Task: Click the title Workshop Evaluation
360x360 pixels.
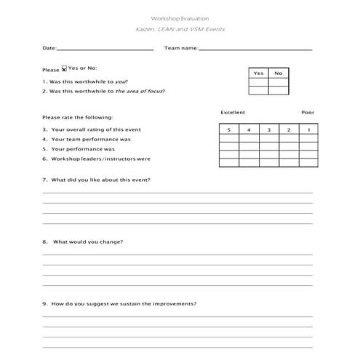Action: [x=180, y=17]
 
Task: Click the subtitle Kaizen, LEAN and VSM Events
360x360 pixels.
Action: [x=180, y=29]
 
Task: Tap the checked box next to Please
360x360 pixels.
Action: [x=64, y=69]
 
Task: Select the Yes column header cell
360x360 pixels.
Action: [x=258, y=73]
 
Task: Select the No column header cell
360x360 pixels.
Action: [x=278, y=73]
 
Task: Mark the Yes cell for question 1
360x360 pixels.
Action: [x=258, y=81]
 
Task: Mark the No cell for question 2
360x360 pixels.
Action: [x=278, y=91]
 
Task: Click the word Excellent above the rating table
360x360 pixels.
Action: [x=233, y=113]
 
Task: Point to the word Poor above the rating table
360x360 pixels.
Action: [x=308, y=113]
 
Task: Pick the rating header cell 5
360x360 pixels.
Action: [x=228, y=129]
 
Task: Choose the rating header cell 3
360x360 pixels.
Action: [x=268, y=129]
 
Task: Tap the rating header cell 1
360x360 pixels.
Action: [x=308, y=129]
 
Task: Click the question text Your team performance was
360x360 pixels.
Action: [x=90, y=139]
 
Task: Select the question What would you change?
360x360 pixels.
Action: [x=87, y=241]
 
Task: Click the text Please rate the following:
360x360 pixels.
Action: [x=78, y=117]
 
